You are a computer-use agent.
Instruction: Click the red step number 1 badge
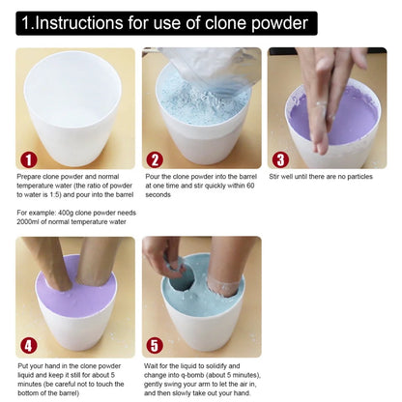coord(29,159)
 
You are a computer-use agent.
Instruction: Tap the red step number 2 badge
coord(155,159)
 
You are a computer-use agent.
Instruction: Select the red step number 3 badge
coord(280,159)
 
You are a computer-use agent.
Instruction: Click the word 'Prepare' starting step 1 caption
coord(30,178)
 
